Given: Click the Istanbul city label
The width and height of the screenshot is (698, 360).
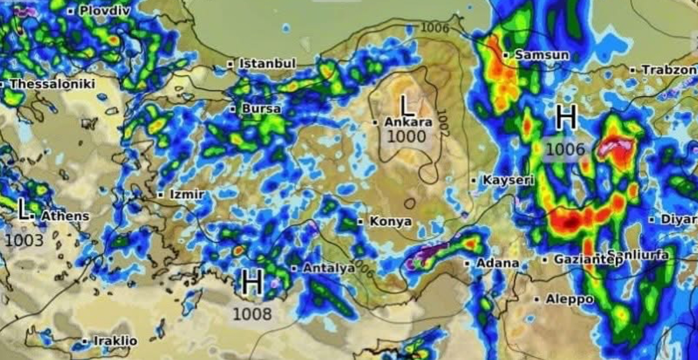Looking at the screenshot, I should [x=267, y=63].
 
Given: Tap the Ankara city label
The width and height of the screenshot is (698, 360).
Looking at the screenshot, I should [x=408, y=122].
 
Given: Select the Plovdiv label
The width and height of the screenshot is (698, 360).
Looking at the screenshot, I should [x=105, y=10].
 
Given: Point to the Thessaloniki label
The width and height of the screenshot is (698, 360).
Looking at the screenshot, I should [x=52, y=84].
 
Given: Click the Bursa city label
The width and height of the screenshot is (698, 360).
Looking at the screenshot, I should [x=261, y=109].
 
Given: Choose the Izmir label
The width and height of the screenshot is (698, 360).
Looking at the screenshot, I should [x=187, y=194].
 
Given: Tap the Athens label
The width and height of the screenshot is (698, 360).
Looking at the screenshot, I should [x=65, y=216].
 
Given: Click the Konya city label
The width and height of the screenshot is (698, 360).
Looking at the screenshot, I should [x=390, y=221].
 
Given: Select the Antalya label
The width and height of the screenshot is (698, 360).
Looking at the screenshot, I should [x=328, y=268].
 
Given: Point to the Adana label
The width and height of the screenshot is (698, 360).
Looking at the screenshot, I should [x=497, y=264].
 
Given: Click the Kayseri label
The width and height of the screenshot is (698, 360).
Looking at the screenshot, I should [x=501, y=180].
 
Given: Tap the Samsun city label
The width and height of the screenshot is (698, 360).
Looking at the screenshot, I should [x=542, y=55].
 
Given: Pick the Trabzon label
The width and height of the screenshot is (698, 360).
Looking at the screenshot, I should [x=669, y=70].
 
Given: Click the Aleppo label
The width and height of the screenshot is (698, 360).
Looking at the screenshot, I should [x=569, y=299].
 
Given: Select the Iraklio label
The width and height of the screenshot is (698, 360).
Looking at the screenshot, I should [x=115, y=341].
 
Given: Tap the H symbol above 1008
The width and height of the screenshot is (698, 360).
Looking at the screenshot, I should [x=252, y=284].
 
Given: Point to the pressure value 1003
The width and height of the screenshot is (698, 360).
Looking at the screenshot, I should [x=24, y=240].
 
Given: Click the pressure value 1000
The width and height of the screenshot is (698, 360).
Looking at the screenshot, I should [x=407, y=136].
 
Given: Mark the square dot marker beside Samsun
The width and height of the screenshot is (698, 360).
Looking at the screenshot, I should [x=505, y=55].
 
